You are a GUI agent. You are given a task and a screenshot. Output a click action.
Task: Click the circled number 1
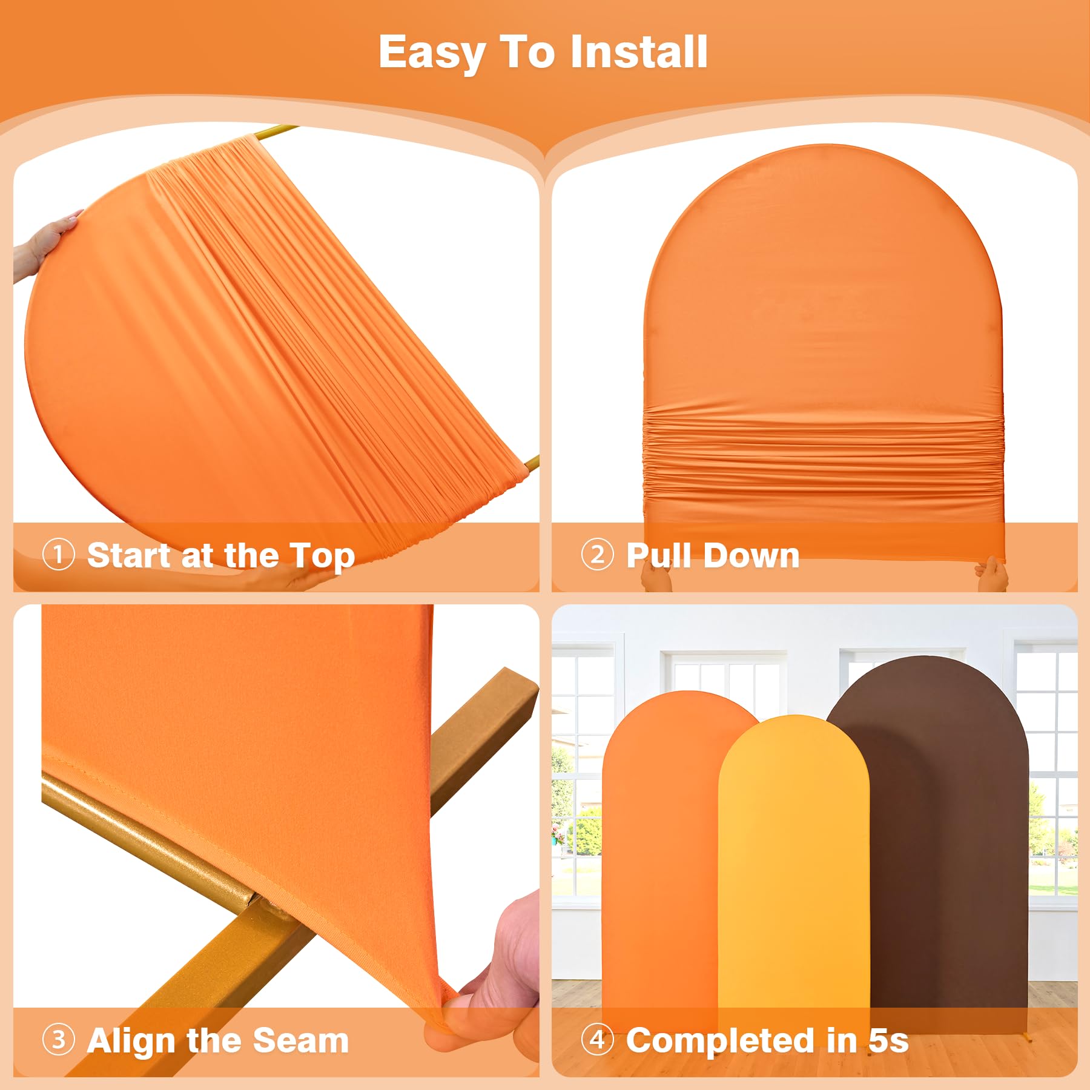click(x=59, y=554)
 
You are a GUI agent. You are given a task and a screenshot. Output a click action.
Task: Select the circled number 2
click(x=597, y=554)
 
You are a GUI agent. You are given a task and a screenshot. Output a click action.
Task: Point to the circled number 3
click(x=59, y=1039)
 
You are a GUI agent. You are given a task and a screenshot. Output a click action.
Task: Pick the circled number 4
click(x=597, y=1039)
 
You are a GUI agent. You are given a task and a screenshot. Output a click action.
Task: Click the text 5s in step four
click(x=888, y=1040)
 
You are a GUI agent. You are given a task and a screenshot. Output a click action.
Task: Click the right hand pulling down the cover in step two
click(x=991, y=573)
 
